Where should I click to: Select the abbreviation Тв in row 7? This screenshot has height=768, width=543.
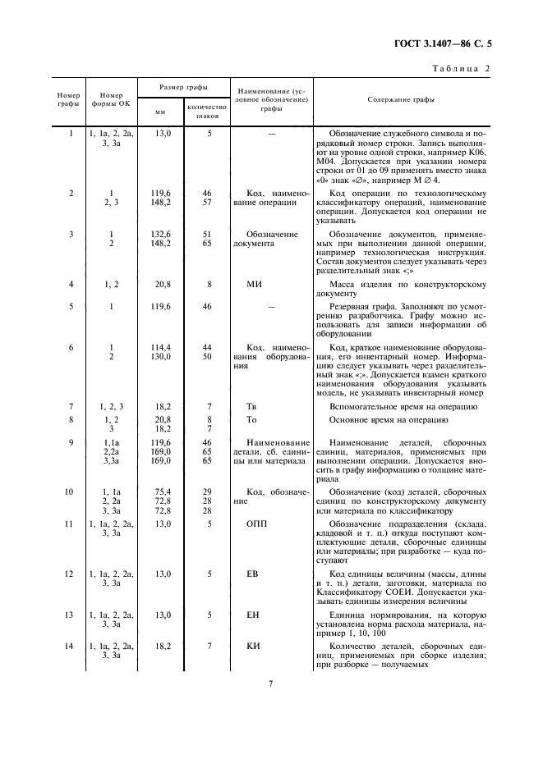(253, 406)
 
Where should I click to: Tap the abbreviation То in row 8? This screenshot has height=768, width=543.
(253, 419)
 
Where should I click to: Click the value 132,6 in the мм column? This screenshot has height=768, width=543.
(160, 235)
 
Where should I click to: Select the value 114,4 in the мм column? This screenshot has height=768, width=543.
(160, 347)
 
